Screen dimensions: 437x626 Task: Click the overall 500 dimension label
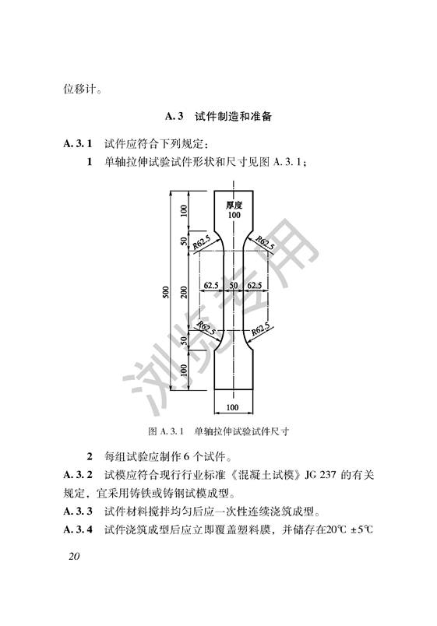(x=166, y=292)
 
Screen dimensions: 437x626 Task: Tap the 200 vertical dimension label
(x=184, y=292)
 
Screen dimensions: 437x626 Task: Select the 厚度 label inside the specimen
(x=234, y=206)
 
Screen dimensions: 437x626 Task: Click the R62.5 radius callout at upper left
(x=201, y=242)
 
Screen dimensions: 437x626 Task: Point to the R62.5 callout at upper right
(x=265, y=243)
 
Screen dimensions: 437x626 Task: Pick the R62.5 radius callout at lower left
(x=206, y=328)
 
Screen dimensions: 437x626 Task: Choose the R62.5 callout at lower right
(x=260, y=329)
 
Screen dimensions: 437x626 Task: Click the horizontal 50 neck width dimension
(x=233, y=286)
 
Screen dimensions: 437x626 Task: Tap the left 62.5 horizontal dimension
(x=211, y=286)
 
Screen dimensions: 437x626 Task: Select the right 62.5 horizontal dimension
(x=255, y=286)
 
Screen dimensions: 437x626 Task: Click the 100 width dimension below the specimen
(x=232, y=407)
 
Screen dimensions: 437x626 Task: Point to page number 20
(x=74, y=556)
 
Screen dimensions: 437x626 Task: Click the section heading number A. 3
(x=174, y=117)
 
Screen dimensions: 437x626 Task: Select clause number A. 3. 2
(x=78, y=475)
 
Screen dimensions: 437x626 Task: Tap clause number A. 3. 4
(x=78, y=529)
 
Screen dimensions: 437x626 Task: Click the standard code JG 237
(x=320, y=475)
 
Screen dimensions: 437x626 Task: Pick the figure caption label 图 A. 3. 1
(x=165, y=431)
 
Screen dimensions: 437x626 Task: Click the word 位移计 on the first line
(x=79, y=89)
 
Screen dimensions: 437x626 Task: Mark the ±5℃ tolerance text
(x=361, y=529)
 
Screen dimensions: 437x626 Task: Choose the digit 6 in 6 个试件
(x=188, y=456)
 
